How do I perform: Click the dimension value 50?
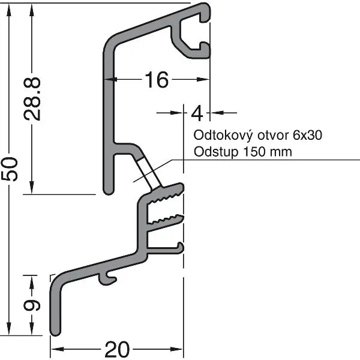(10, 169)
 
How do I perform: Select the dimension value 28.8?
(32, 99)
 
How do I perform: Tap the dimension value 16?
(157, 80)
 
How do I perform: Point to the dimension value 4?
(197, 113)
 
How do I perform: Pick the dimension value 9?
(32, 306)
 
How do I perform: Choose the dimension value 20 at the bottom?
(117, 349)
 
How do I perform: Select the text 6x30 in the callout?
(307, 135)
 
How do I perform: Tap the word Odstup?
(216, 152)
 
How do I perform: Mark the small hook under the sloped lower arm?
(107, 278)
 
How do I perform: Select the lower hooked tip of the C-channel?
(205, 49)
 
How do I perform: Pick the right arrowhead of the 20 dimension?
(176, 349)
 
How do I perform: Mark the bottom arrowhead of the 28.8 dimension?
(32, 187)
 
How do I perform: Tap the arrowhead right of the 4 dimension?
(217, 113)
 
